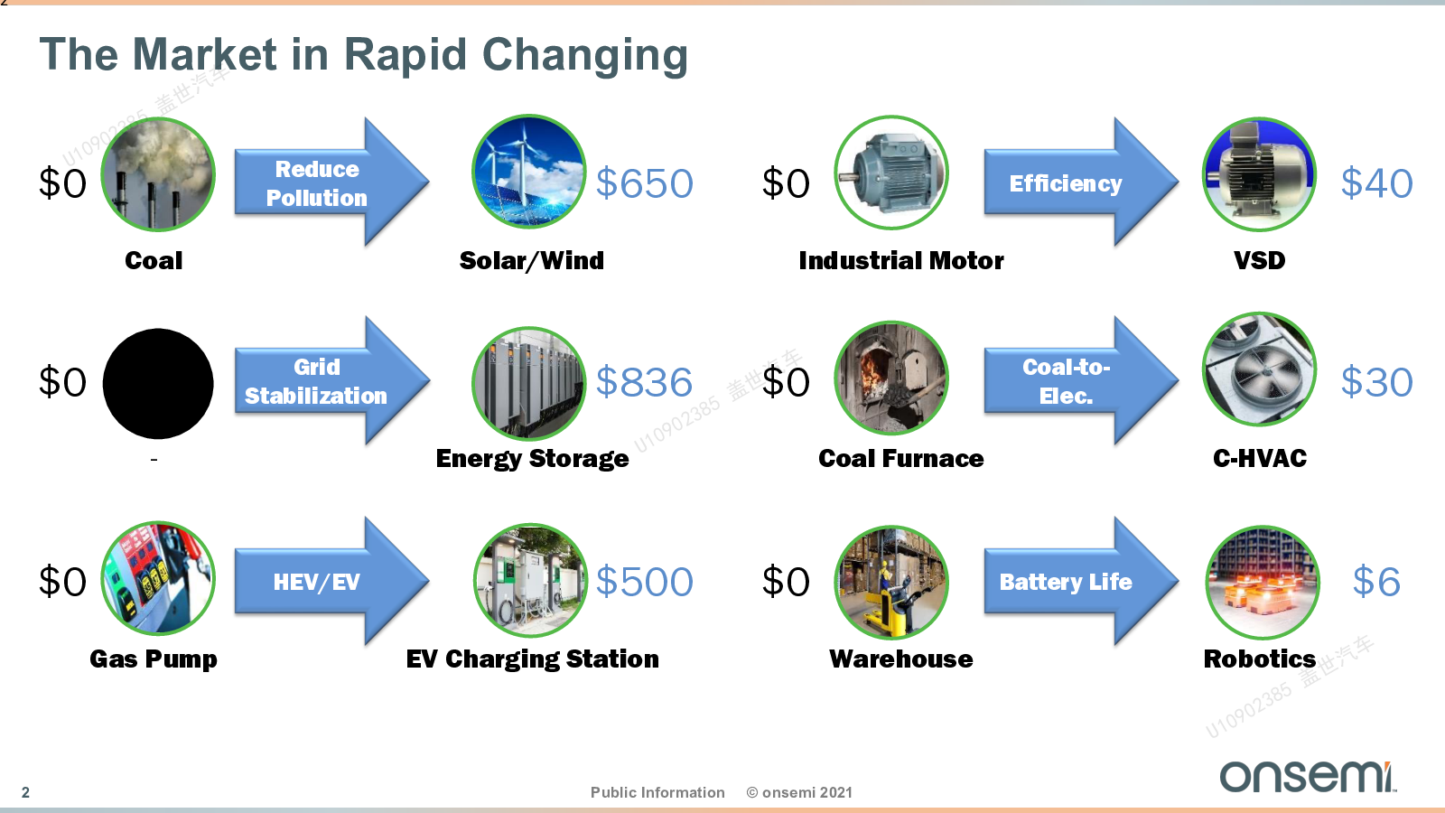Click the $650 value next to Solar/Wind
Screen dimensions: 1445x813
(644, 183)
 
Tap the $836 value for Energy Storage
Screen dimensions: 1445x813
(644, 382)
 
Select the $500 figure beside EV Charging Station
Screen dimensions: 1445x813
(644, 582)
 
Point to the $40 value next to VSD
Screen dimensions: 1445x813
(1376, 183)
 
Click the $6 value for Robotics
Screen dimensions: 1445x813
(1376, 582)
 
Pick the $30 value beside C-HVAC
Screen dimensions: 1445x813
(1376, 382)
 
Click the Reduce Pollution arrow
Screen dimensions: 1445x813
(331, 182)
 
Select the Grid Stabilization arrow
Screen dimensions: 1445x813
(331, 380)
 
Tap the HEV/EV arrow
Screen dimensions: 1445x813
(331, 581)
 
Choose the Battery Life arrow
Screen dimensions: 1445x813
(1081, 581)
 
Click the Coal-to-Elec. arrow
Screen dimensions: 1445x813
(1081, 380)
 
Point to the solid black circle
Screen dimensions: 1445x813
(158, 384)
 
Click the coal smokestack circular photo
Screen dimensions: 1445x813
(158, 174)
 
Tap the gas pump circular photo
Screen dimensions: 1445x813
(158, 578)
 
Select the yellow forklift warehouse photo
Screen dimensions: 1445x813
(891, 583)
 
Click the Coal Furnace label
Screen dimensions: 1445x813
(901, 458)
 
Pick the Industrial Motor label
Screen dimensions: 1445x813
(901, 261)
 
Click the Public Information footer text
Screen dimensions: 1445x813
(657, 792)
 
